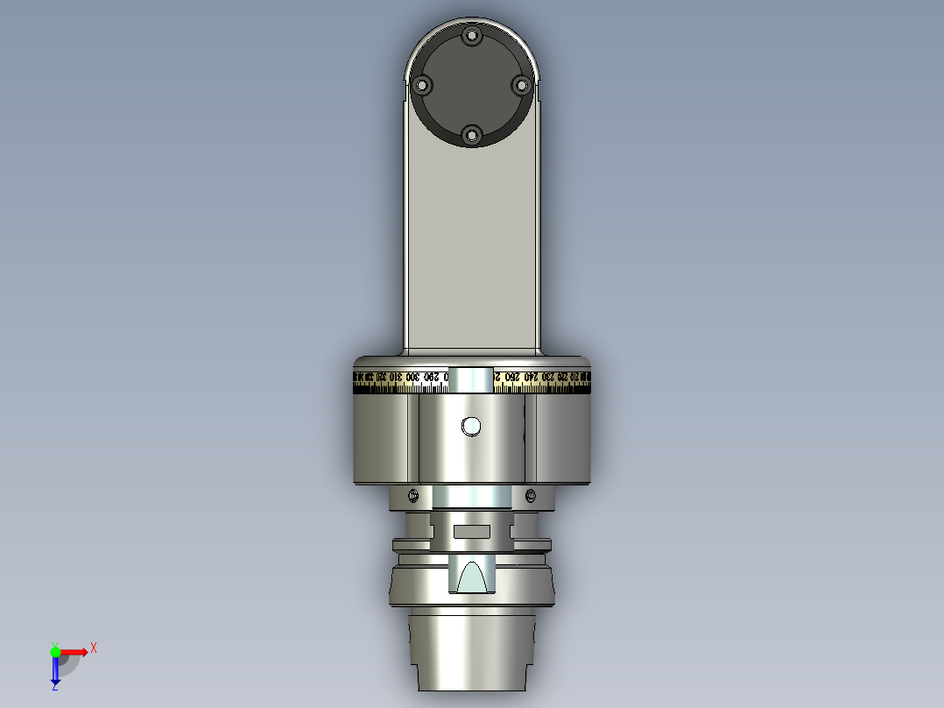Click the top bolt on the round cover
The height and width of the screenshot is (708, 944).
[472, 37]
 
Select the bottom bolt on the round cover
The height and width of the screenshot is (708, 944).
[471, 135]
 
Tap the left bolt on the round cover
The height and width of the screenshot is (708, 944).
[422, 86]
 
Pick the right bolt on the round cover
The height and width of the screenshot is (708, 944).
[521, 85]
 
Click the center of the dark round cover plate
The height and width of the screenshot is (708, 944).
[471, 86]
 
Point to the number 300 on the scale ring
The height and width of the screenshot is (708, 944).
[412, 377]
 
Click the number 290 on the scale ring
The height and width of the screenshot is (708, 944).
[430, 377]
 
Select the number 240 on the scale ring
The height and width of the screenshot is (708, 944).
[531, 377]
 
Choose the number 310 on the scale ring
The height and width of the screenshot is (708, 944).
[396, 377]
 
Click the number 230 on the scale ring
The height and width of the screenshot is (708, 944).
[546, 377]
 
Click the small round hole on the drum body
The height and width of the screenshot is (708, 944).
[472, 427]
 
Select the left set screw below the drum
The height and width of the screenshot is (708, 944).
[412, 496]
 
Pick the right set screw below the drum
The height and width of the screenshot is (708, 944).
[531, 496]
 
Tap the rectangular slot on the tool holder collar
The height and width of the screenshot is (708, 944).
[472, 531]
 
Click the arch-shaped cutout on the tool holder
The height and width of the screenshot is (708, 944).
[472, 577]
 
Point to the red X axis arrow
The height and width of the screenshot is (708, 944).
[75, 651]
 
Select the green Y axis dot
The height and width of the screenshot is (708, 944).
[55, 651]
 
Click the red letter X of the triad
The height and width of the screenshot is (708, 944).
[94, 648]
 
